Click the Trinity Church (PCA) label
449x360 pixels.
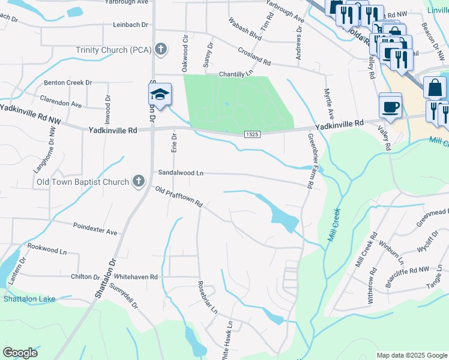pyautogui.click(x=113, y=50)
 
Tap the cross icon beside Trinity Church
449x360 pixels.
pyautogui.click(x=160, y=49)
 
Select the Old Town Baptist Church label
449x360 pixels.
pyautogui.click(x=83, y=182)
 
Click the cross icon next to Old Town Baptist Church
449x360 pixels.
pyautogui.click(x=138, y=181)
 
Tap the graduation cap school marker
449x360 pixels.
pyautogui.click(x=160, y=95)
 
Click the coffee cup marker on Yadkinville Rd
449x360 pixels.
pyautogui.click(x=390, y=106)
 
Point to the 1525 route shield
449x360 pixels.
pyautogui.click(x=252, y=135)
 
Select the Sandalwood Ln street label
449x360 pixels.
pyautogui.click(x=181, y=173)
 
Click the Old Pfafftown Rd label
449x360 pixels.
pyautogui.click(x=178, y=197)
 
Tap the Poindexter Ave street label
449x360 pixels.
pyautogui.click(x=95, y=228)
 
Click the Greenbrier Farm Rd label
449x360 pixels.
pyautogui.click(x=310, y=161)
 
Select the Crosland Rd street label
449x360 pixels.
pyautogui.click(x=254, y=58)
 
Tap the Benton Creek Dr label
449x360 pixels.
pyautogui.click(x=67, y=82)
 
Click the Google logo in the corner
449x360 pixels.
pyautogui.click(x=20, y=353)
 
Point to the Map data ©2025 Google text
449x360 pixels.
pyautogui.click(x=411, y=355)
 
